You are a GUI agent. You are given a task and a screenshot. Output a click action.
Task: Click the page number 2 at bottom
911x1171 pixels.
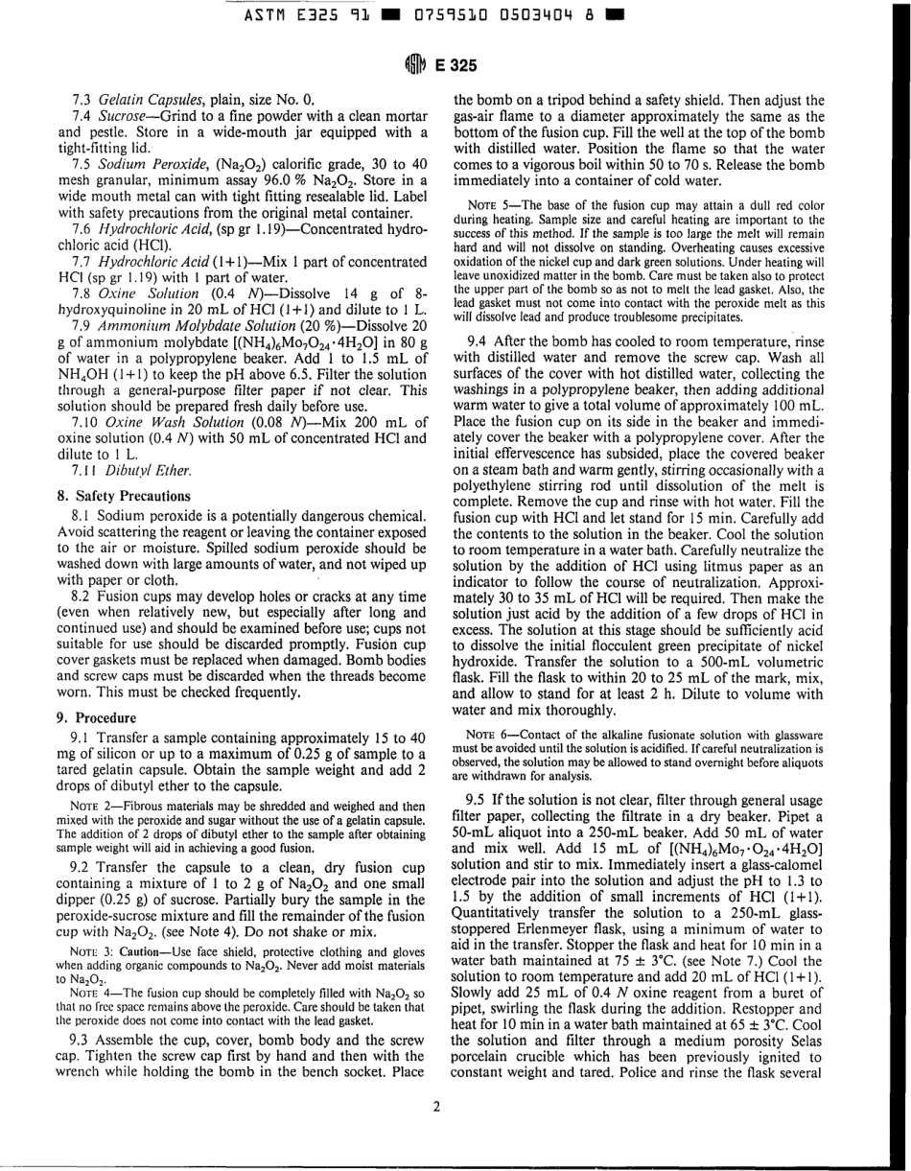(x=436, y=1106)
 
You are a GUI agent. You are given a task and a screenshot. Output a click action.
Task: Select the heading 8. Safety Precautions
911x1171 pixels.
(x=124, y=496)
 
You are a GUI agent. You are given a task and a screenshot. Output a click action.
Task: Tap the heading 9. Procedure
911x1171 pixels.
(x=97, y=717)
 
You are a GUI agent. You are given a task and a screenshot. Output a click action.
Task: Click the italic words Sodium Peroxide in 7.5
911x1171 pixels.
(x=148, y=163)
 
